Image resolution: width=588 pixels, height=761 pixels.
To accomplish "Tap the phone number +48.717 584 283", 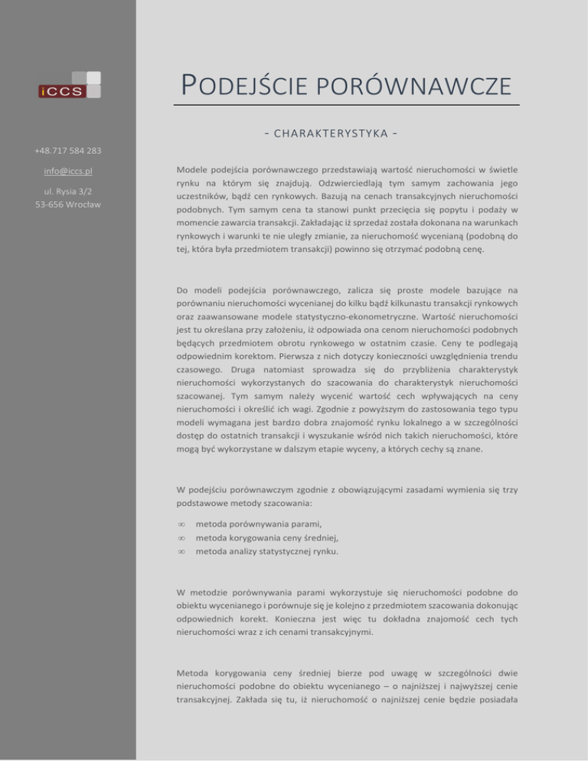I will pos(68,151).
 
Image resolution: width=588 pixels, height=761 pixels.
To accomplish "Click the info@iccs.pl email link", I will pos(68,171).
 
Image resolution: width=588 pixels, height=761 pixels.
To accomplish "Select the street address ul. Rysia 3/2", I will pos(68,191).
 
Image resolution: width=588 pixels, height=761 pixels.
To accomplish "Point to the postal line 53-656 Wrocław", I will pos(68,204).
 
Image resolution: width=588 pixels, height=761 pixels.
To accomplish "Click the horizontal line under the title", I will pos(346,104).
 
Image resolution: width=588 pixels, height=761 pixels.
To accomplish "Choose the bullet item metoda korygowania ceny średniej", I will pos(268,537).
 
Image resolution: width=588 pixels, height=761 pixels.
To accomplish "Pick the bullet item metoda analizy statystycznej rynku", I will pos(267,550).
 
